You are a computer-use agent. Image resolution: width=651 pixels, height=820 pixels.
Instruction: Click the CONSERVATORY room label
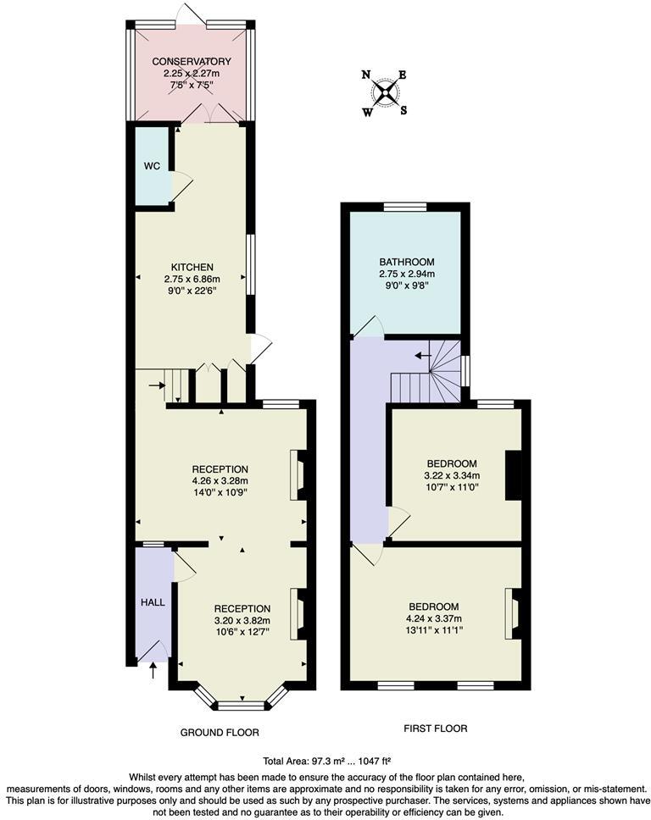pos(191,62)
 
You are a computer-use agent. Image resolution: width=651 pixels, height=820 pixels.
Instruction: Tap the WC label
pos(152,166)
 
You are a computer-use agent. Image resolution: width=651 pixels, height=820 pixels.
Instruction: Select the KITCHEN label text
pos(192,267)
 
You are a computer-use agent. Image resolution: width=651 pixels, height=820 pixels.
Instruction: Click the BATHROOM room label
pos(406,262)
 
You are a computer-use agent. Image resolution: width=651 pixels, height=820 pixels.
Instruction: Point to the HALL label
pos(153,601)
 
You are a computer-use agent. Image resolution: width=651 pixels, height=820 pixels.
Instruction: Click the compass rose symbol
pos(386,91)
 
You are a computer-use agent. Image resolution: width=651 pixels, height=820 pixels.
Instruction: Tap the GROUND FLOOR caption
pos(220,732)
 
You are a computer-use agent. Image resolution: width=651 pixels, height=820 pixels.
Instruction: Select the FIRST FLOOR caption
pos(436,729)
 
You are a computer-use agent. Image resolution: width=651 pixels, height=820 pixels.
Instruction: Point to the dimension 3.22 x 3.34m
pos(451,476)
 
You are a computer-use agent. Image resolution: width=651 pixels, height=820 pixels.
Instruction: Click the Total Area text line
pos(325,761)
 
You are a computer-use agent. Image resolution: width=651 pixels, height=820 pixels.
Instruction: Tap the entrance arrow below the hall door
pos(153,672)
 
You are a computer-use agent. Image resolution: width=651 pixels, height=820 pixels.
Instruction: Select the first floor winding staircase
pos(428,373)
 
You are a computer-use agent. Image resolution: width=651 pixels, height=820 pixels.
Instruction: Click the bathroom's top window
pos(405,207)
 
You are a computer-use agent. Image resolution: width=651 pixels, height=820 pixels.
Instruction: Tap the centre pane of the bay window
pos(242,705)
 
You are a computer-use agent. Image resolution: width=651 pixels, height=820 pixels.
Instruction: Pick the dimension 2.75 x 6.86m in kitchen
pos(192,279)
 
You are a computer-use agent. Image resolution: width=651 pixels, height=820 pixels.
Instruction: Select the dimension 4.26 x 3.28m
pos(220,480)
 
